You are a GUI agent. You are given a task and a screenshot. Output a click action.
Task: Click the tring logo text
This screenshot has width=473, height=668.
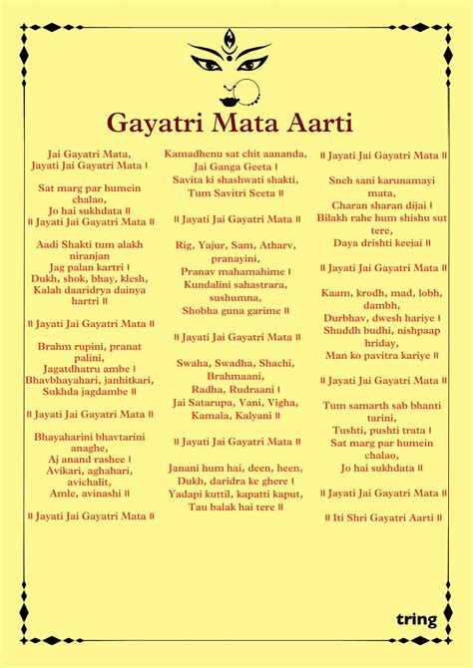415,619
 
